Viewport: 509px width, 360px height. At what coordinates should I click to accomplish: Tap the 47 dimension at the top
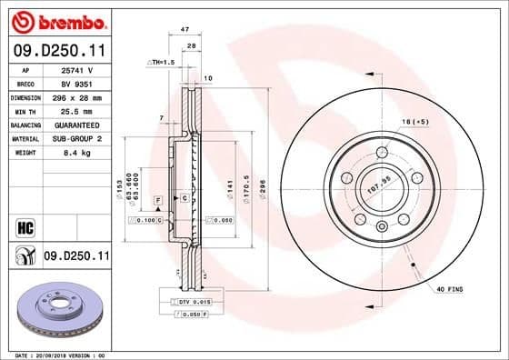[185, 30]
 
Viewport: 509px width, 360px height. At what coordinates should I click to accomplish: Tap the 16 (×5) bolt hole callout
[417, 120]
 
